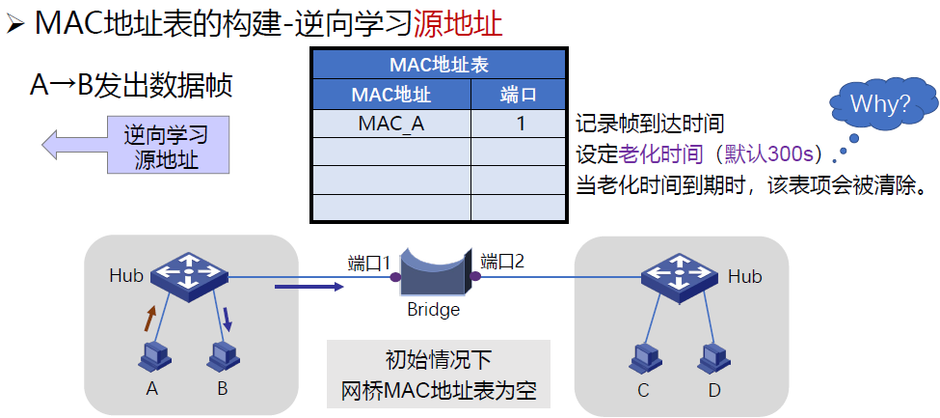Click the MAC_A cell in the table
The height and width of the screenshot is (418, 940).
click(390, 124)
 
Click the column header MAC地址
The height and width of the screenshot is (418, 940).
click(390, 95)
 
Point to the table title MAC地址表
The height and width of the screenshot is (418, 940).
click(439, 66)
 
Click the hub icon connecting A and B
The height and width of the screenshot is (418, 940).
click(189, 274)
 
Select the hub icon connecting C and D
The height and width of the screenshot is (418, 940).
click(680, 275)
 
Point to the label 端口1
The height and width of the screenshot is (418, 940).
click(369, 263)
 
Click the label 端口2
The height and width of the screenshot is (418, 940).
click(502, 261)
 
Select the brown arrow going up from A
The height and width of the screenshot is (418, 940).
click(150, 319)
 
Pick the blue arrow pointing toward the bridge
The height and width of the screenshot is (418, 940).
click(309, 286)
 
